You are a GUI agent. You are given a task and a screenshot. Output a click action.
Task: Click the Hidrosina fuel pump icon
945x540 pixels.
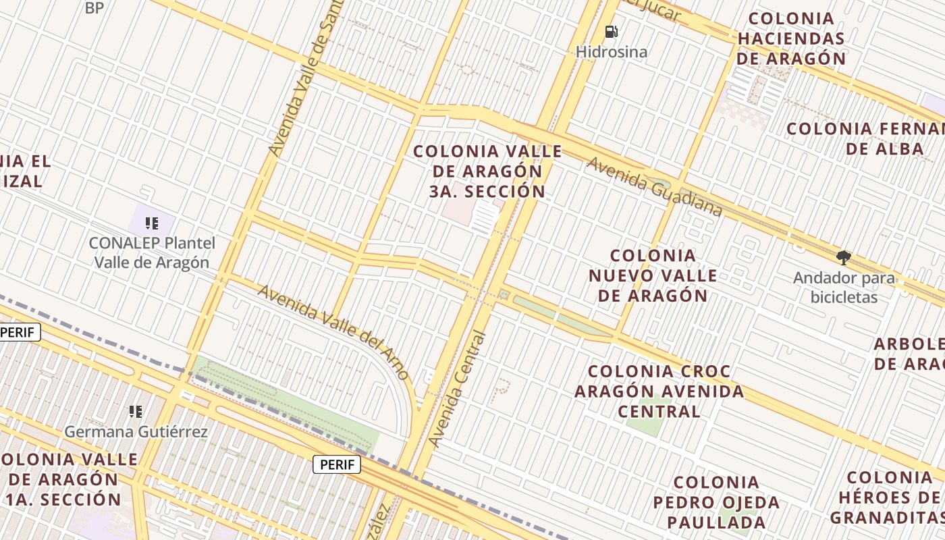(x=611, y=32)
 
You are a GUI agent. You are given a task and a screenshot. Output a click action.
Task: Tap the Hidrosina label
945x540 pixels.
(x=611, y=52)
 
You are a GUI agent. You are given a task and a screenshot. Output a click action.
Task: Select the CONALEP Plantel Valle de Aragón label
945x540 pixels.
(x=152, y=253)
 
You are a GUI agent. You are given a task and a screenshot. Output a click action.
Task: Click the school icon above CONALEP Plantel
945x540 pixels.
(x=152, y=223)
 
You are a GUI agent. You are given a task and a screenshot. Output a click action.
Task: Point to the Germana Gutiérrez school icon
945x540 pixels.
(x=136, y=411)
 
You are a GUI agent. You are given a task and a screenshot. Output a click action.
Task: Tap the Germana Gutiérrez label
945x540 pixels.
(x=136, y=431)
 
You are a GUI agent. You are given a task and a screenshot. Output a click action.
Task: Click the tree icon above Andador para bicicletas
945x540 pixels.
(x=843, y=257)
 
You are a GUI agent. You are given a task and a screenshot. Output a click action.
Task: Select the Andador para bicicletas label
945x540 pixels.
(x=844, y=288)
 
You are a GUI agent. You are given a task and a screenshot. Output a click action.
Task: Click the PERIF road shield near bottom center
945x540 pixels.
(x=336, y=464)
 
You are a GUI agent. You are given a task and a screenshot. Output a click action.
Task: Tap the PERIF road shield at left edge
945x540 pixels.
(x=18, y=332)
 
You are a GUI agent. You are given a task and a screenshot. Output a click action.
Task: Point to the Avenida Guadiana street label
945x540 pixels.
(x=654, y=187)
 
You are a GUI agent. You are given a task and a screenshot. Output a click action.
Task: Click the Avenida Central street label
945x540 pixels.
(x=458, y=389)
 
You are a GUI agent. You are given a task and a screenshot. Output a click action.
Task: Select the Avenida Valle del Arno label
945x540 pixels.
(x=333, y=331)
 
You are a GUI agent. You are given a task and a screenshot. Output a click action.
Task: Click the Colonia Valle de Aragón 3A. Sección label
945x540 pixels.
(x=487, y=171)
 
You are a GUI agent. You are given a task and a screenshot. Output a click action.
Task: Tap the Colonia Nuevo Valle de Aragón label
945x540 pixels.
(x=652, y=275)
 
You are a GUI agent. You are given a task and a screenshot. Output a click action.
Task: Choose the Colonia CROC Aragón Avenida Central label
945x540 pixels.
(x=659, y=391)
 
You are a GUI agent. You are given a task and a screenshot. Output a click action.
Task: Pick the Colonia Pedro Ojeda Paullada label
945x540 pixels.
(x=716, y=502)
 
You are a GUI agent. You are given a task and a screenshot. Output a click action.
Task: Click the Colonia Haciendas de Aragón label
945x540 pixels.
(x=791, y=38)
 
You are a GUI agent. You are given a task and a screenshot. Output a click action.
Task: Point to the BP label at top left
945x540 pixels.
(x=94, y=8)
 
